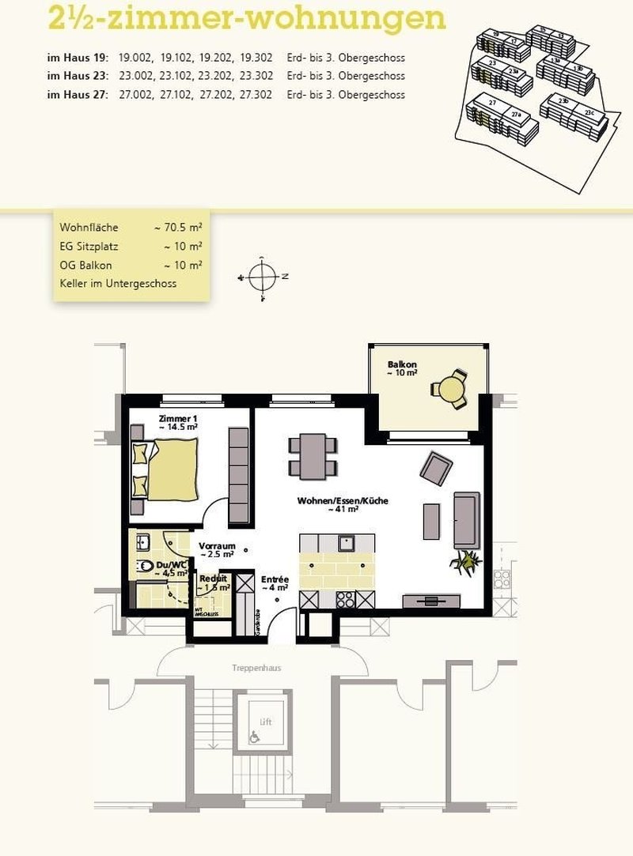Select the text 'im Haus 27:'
click(x=77, y=95)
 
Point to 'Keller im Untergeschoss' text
click(x=118, y=284)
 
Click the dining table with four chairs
click(x=312, y=456)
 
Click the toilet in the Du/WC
click(x=146, y=568)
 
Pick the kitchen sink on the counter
click(x=346, y=543)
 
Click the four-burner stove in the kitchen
click(x=346, y=600)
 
